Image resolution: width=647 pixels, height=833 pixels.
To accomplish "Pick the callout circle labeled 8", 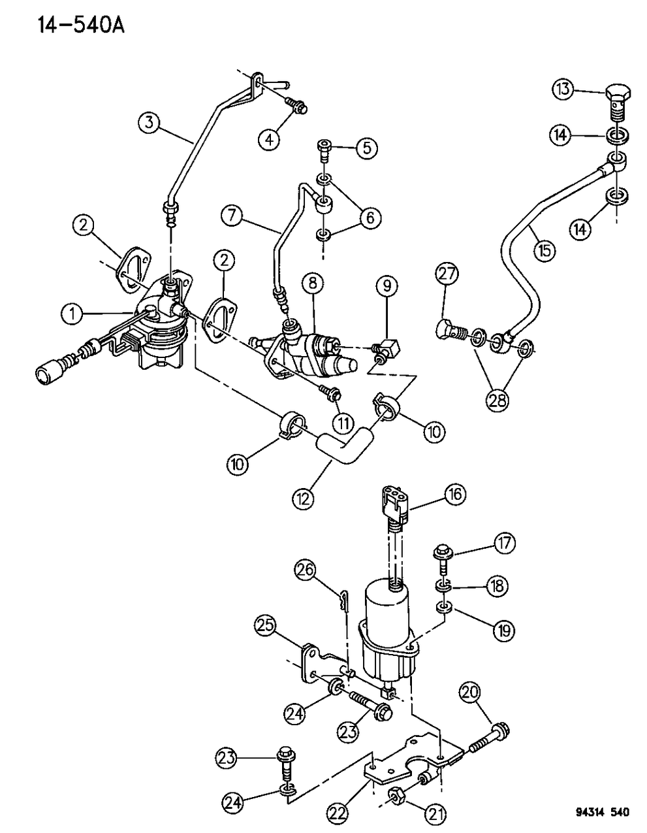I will pyautogui.click(x=313, y=283).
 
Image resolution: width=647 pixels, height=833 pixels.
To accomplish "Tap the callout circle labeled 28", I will pyautogui.click(x=497, y=400).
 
